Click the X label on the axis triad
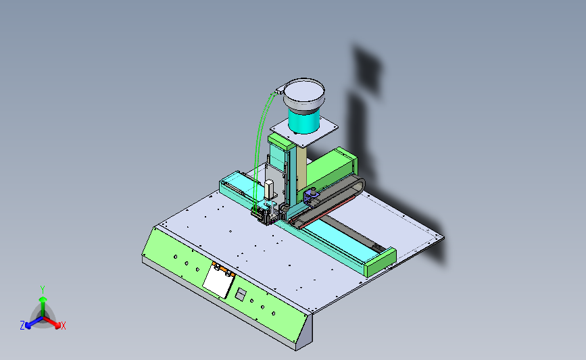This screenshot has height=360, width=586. [x=63, y=326]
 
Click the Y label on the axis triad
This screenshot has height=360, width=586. [x=43, y=290]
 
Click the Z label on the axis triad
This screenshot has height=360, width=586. [x=22, y=326]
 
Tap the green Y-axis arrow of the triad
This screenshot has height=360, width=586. [x=43, y=307]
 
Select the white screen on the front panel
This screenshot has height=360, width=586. [x=218, y=281]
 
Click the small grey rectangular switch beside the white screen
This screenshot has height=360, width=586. [x=241, y=294]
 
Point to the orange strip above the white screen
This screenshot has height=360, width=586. [x=224, y=269]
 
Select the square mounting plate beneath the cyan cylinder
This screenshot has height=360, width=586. [x=304, y=131]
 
